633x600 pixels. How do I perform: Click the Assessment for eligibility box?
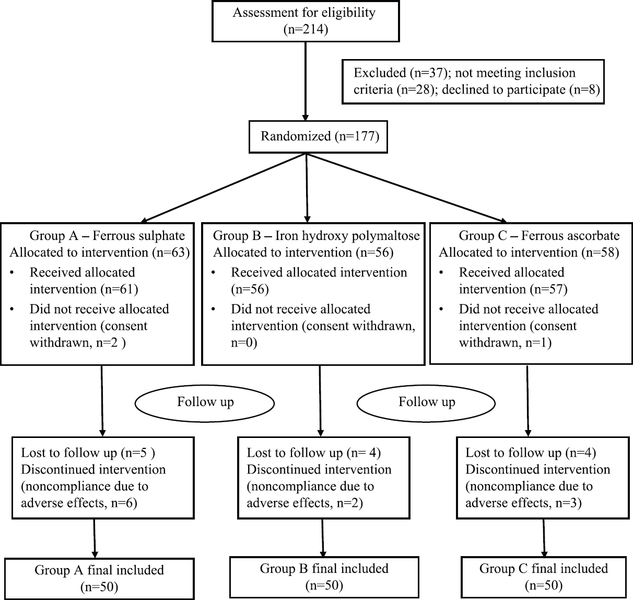306,21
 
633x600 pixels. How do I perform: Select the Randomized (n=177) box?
318,136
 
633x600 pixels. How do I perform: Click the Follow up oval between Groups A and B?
205,403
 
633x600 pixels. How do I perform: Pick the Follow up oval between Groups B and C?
426,403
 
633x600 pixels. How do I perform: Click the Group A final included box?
99,579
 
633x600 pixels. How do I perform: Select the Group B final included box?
324,577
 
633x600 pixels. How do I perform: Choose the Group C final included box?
544,577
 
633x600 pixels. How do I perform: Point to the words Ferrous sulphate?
139,236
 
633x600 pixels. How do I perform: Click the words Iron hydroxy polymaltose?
347,236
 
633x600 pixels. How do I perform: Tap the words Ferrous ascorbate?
570,236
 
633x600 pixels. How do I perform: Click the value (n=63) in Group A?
171,252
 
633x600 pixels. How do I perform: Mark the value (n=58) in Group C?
601,252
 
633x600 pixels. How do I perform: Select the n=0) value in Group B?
244,342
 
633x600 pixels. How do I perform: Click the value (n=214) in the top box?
306,29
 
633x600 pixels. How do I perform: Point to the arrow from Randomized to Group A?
224,188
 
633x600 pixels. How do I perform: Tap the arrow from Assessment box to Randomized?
305,81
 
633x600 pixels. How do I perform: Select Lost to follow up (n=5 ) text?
88,453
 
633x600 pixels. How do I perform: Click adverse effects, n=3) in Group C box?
523,503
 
